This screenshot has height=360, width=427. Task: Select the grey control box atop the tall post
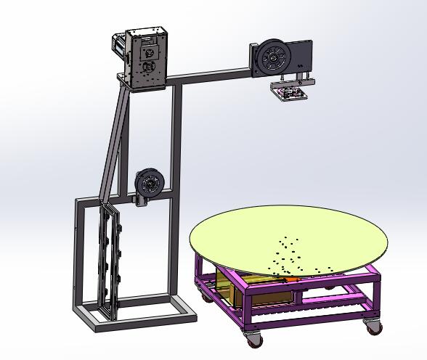click(x=147, y=58)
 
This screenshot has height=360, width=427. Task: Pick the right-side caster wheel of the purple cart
click(x=373, y=327)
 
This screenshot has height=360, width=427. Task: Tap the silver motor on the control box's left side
click(x=118, y=47)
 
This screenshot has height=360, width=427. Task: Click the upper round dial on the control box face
click(x=150, y=52)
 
